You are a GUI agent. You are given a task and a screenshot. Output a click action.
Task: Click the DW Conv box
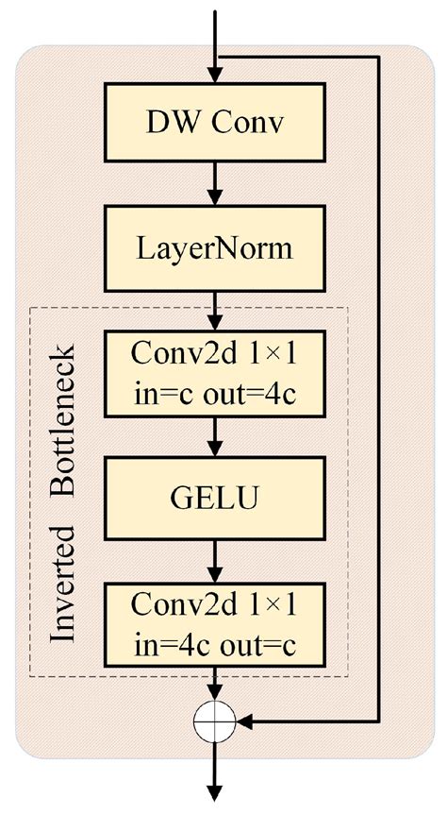[218, 122]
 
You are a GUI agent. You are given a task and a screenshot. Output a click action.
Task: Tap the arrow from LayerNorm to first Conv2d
[218, 309]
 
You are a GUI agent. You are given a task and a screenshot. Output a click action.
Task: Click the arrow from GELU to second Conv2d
[218, 563]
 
